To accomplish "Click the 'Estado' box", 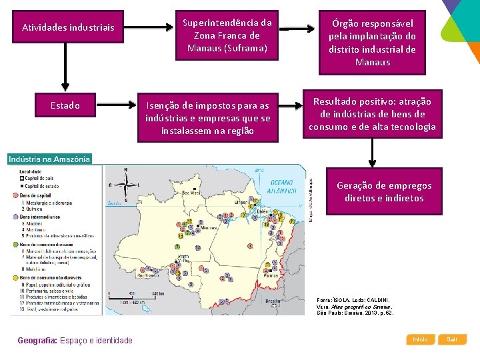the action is tap(65, 105).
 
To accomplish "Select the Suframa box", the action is tap(228, 35).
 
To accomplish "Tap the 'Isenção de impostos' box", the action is tap(208, 118).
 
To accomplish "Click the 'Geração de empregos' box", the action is tap(384, 192).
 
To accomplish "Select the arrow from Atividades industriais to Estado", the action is tap(65, 67).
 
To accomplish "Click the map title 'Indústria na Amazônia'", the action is tap(49, 159).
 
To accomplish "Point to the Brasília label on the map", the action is tap(273, 301).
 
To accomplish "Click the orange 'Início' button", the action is tap(420, 339).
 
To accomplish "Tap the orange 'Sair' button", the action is tap(452, 339).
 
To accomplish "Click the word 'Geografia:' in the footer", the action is tap(39, 341).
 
